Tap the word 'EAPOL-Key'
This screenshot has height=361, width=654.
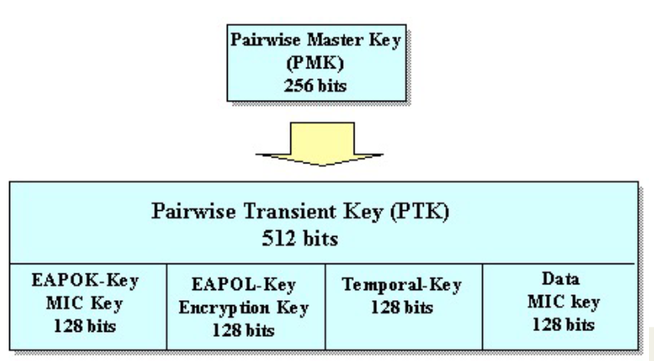tap(243, 285)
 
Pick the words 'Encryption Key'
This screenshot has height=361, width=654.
tap(243, 308)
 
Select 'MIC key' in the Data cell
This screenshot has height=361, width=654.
tap(562, 303)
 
